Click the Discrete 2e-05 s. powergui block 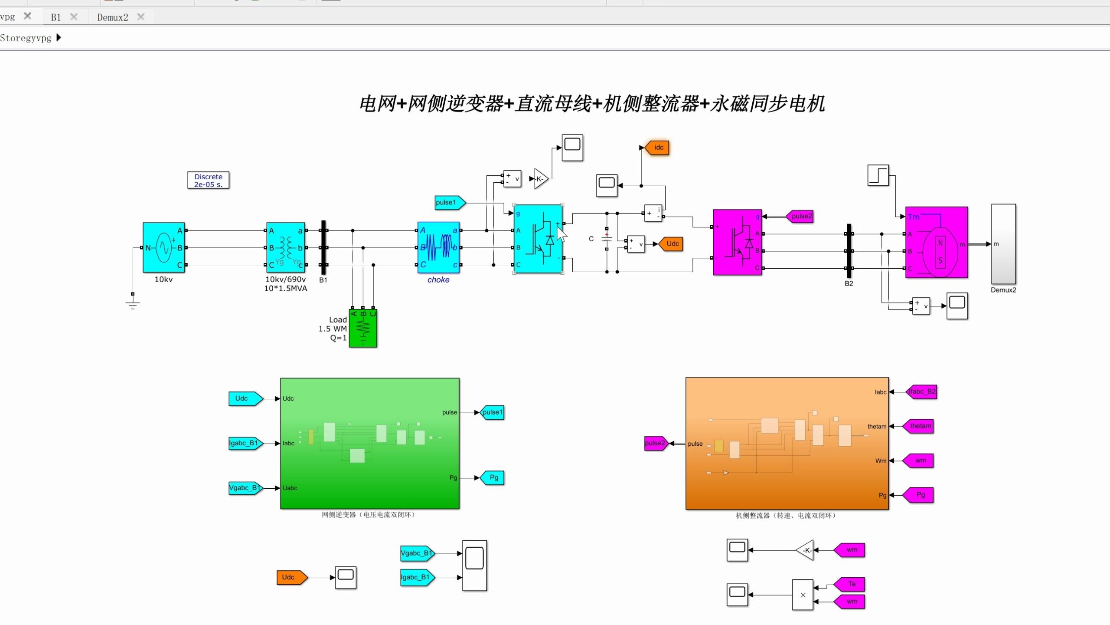pyautogui.click(x=208, y=180)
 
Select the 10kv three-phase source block pyautogui.click(x=164, y=247)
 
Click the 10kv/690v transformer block pyautogui.click(x=286, y=247)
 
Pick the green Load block pyautogui.click(x=363, y=328)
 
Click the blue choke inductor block pyautogui.click(x=438, y=247)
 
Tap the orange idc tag pyautogui.click(x=658, y=148)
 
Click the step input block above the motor pyautogui.click(x=878, y=175)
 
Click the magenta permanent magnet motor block pyautogui.click(x=937, y=242)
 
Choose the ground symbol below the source pyautogui.click(x=133, y=304)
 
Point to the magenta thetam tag pyautogui.click(x=919, y=426)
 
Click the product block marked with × pyautogui.click(x=803, y=595)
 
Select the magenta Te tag pyautogui.click(x=850, y=584)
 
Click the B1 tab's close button pyautogui.click(x=74, y=17)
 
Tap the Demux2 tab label pyautogui.click(x=113, y=17)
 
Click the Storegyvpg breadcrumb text pyautogui.click(x=26, y=38)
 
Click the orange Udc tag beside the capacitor pyautogui.click(x=672, y=244)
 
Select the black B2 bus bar pyautogui.click(x=849, y=251)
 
